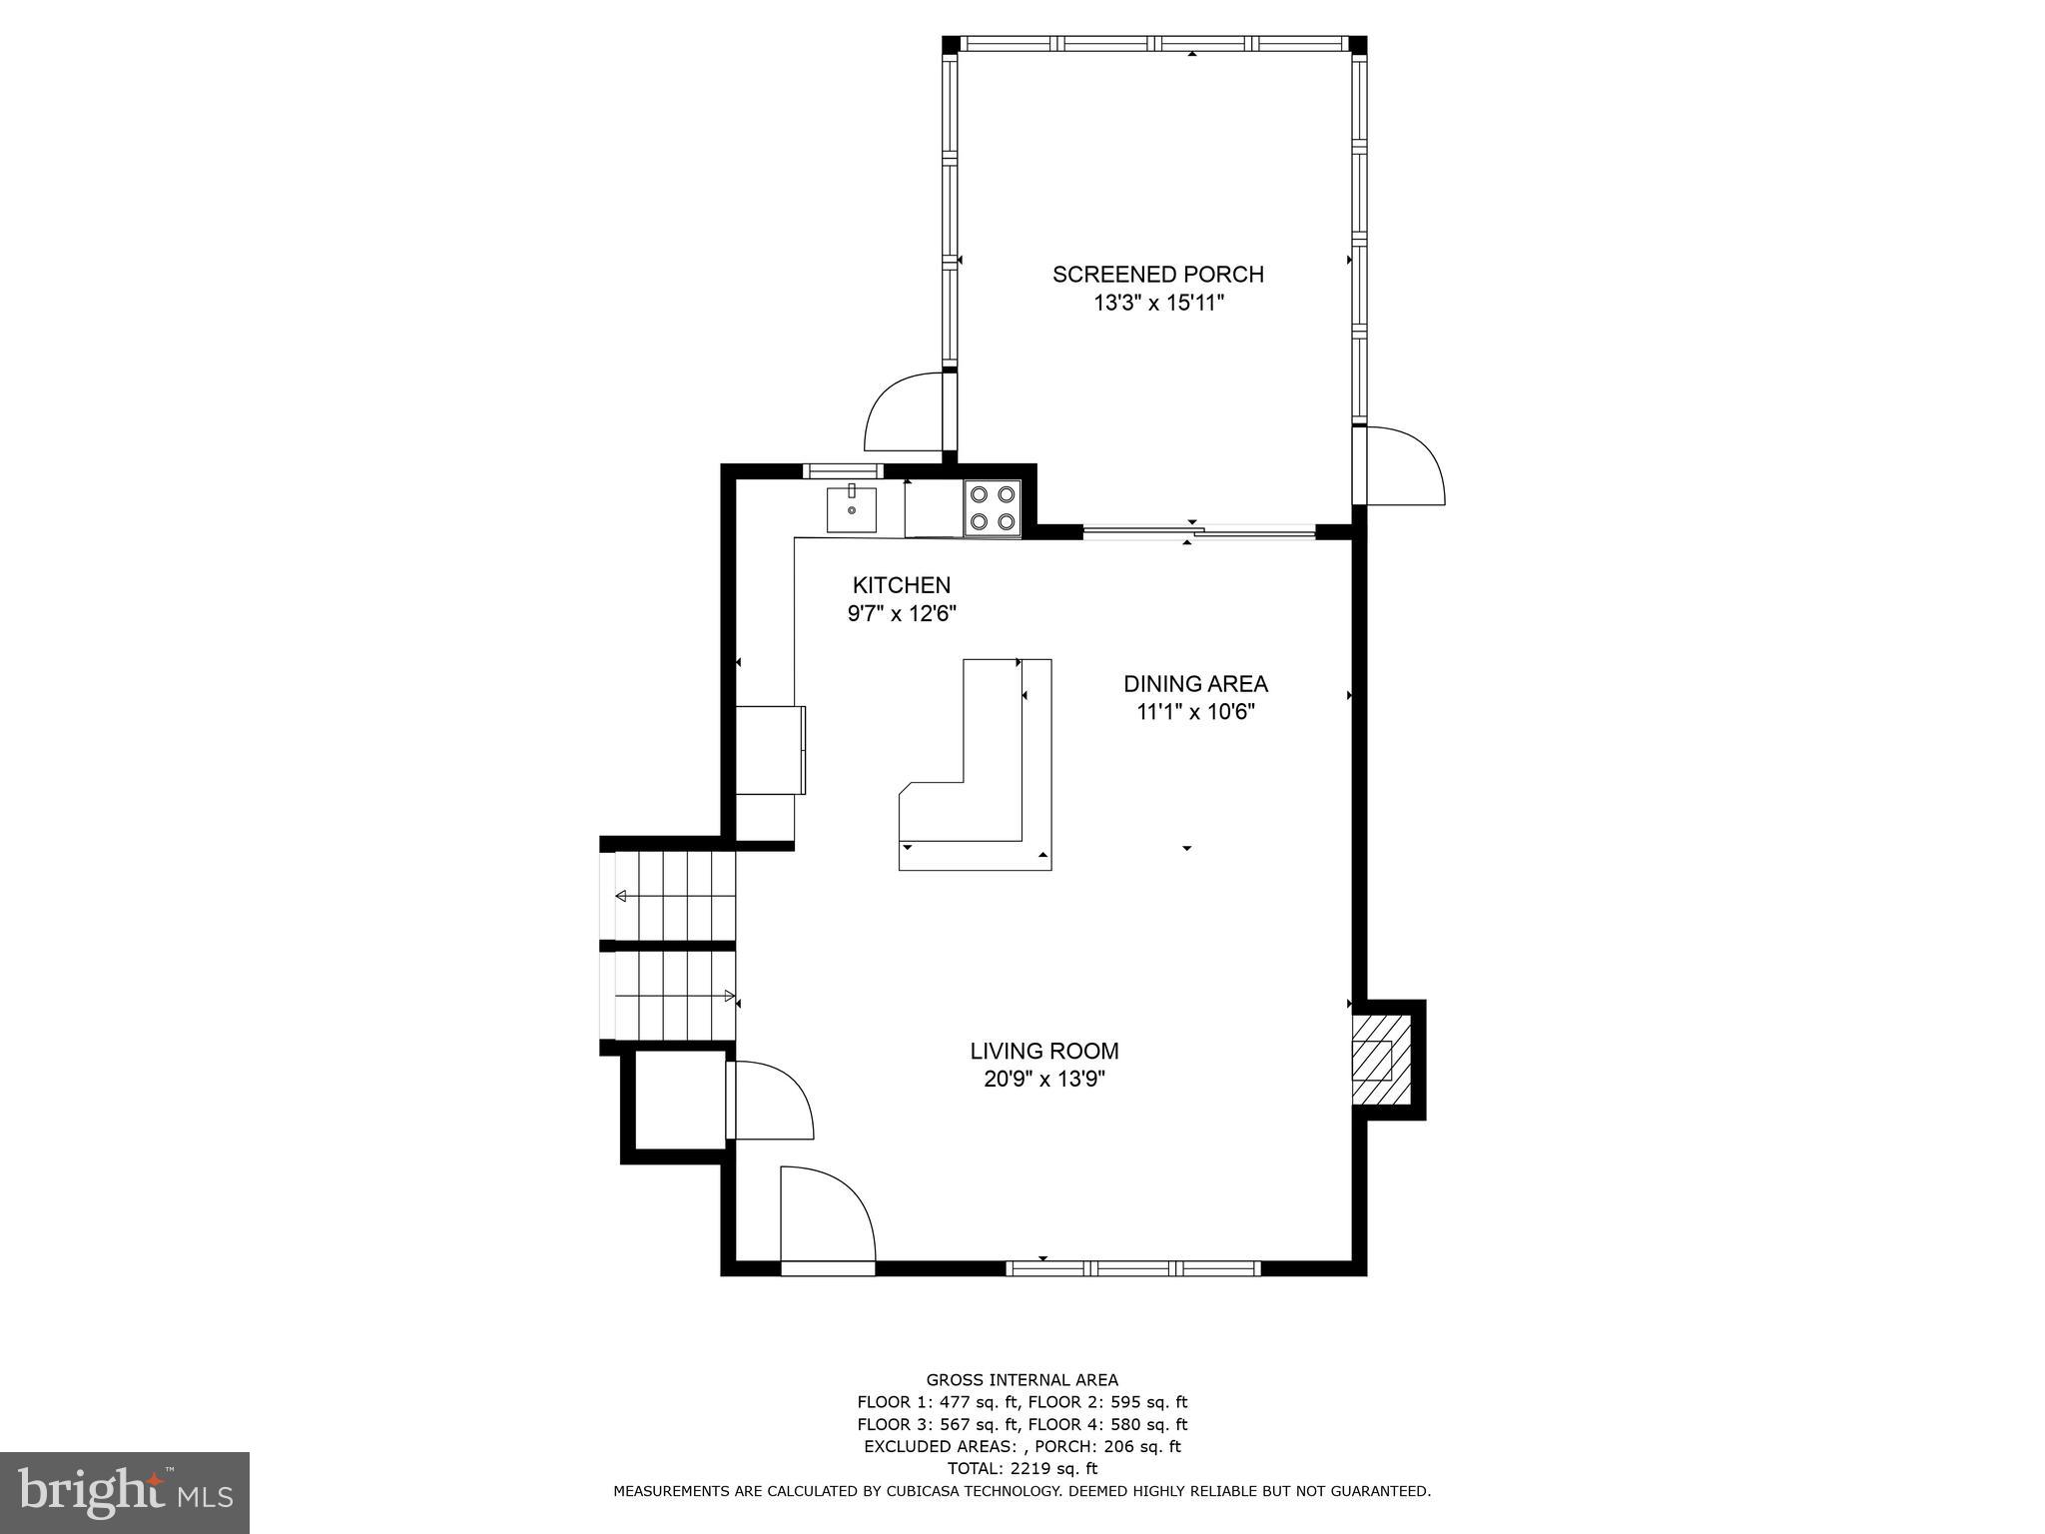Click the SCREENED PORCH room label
click(x=1157, y=275)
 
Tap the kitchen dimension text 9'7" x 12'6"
click(x=902, y=614)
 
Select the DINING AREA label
click(x=1195, y=684)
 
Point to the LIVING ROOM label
click(x=1043, y=1051)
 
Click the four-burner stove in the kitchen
click(x=993, y=507)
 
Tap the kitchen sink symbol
click(x=851, y=508)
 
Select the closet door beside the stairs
click(x=769, y=1099)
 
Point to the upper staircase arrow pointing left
click(x=621, y=896)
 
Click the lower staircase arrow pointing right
click(x=729, y=996)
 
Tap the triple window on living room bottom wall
click(x=1132, y=1268)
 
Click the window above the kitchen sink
click(x=843, y=470)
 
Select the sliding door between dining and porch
click(x=1198, y=532)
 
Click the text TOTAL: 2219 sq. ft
click(x=1022, y=1468)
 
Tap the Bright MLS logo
click(x=125, y=1493)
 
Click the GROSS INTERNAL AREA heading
click(x=1022, y=1380)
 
